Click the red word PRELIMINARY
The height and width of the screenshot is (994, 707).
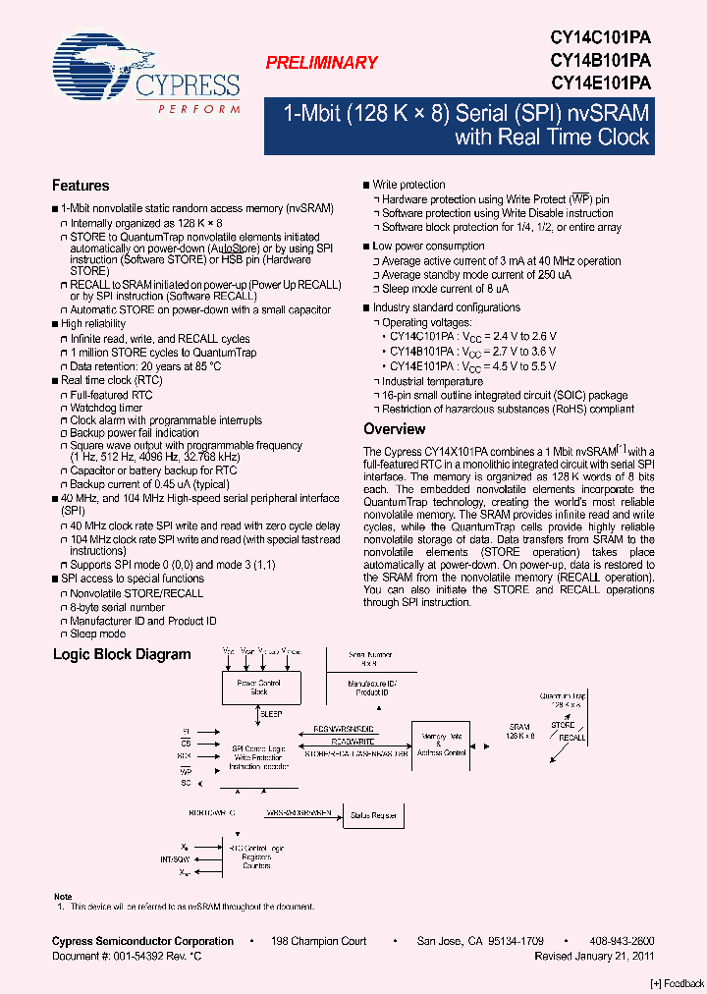(321, 63)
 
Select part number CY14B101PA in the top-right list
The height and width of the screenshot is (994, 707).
(600, 60)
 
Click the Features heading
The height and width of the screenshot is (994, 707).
(81, 186)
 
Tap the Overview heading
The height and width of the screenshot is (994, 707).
(395, 429)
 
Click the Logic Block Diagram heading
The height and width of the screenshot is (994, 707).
(122, 654)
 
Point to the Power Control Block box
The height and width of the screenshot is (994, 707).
(259, 686)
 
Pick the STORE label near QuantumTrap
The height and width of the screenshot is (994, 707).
(563, 725)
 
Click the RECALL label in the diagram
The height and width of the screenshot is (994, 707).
(571, 738)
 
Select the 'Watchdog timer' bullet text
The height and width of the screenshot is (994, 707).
(106, 408)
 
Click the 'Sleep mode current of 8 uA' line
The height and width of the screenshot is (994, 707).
(446, 290)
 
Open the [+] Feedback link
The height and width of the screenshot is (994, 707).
(678, 984)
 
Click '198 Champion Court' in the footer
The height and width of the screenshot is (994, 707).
(320, 941)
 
